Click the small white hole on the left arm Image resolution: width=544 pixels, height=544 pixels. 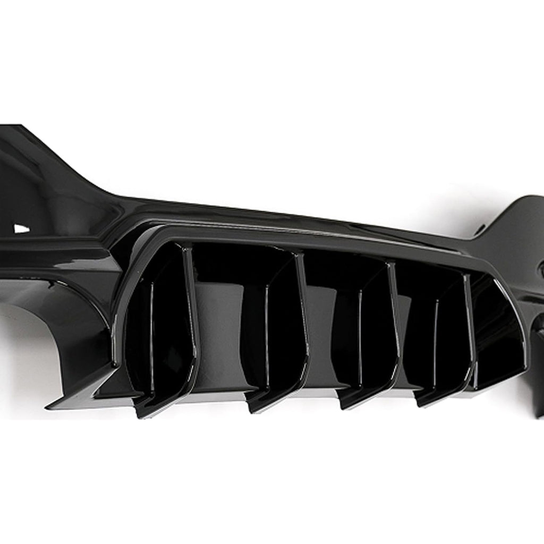(x=21, y=228)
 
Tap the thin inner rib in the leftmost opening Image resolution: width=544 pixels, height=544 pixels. (x=151, y=329)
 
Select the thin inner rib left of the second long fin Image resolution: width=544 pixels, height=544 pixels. (x=266, y=335)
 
